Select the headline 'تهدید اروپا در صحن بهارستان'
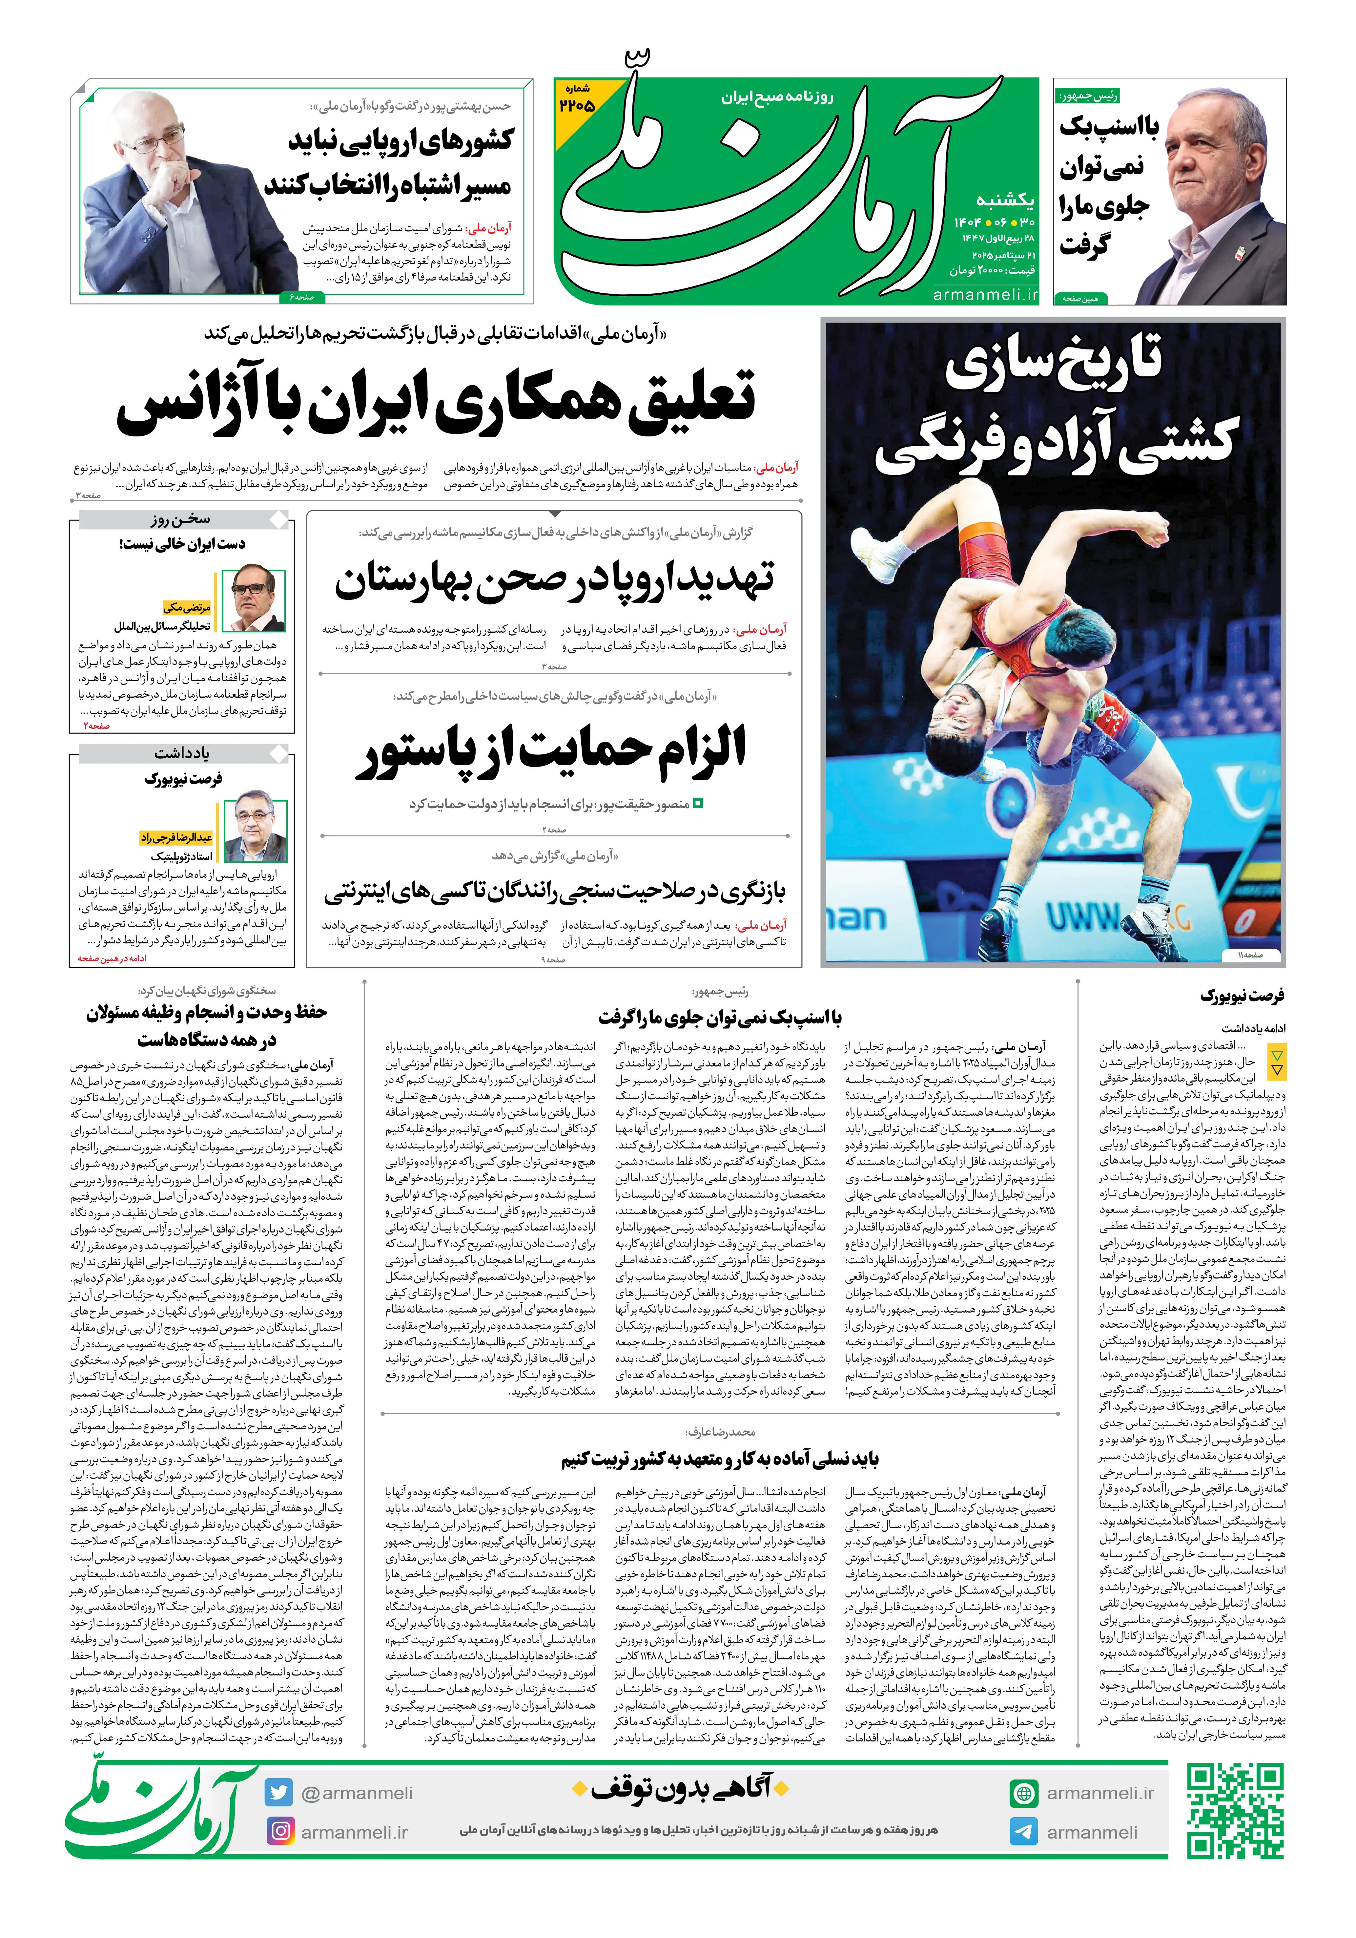pos(554,581)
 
